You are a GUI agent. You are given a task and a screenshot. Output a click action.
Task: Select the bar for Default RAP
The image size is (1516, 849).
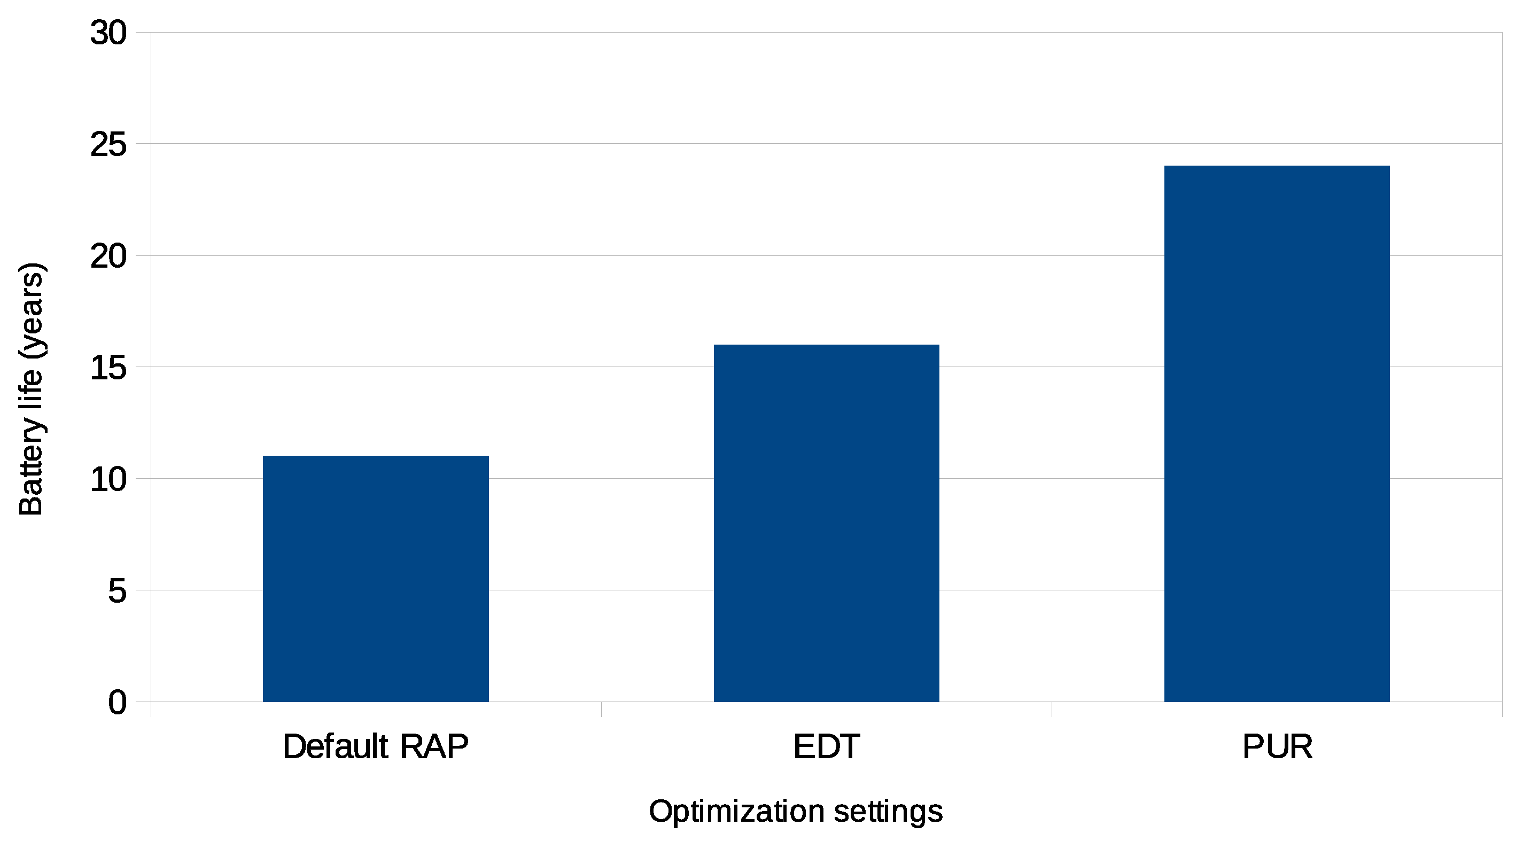tap(376, 579)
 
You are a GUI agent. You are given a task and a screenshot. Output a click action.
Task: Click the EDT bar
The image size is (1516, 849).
tap(826, 523)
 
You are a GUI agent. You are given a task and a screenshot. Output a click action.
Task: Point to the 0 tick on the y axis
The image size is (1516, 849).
tap(117, 703)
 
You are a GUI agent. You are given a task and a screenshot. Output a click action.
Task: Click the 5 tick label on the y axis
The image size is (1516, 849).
tap(117, 591)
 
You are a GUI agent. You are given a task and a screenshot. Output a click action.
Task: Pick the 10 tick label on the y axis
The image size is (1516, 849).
tap(108, 479)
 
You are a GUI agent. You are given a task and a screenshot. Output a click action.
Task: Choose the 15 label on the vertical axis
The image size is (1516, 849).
tap(108, 368)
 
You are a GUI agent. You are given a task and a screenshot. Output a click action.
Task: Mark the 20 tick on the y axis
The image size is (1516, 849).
tap(108, 256)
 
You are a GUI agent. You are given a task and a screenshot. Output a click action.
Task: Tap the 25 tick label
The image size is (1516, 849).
tap(108, 144)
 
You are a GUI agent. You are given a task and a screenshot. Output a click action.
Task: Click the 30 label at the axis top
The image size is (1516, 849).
tap(108, 33)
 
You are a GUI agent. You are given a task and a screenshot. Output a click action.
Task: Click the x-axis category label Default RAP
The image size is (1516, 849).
tap(376, 746)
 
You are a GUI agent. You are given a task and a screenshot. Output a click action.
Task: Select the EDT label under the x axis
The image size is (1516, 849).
tap(826, 746)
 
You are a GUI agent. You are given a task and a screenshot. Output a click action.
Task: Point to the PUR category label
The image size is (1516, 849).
tap(1277, 746)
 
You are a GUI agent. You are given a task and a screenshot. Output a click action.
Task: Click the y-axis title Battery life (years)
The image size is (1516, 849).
tap(30, 389)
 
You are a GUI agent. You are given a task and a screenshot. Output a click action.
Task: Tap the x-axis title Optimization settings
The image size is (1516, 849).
tap(796, 812)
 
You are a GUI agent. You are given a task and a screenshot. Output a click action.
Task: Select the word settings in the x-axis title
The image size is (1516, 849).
tap(888, 812)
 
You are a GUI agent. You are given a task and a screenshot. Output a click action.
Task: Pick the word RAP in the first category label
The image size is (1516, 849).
tap(434, 746)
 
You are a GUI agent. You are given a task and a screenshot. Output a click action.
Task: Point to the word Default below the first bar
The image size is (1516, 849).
tap(336, 746)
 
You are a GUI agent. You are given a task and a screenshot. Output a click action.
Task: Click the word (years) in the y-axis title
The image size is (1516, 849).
tap(30, 311)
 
